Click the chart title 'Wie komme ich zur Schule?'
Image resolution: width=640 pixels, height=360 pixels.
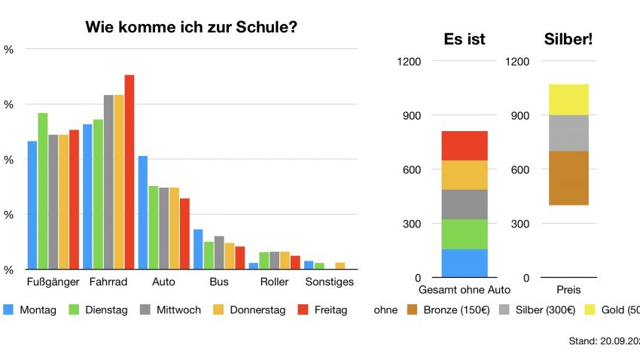coord(190,29)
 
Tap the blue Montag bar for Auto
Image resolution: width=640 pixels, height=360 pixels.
coord(143,212)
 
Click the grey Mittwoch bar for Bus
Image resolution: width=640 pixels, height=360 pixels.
coord(219,252)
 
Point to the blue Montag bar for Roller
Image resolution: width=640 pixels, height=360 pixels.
coord(254,265)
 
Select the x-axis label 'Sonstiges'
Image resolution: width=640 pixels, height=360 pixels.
coord(329,282)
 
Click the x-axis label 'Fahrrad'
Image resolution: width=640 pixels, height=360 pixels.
coord(108,282)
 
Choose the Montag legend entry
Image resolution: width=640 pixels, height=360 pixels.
coord(31,310)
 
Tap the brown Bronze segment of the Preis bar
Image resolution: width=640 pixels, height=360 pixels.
coord(568,178)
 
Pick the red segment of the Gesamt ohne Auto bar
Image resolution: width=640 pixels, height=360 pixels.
coord(464,145)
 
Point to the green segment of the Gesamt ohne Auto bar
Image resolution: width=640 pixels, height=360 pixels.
coord(464,233)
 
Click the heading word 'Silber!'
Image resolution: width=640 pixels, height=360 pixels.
coord(568,38)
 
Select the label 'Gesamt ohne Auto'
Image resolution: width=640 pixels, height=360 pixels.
coord(464,290)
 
